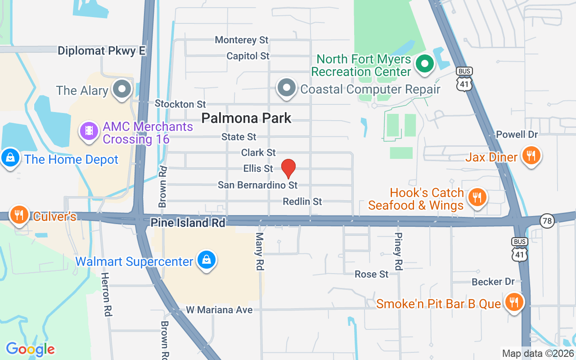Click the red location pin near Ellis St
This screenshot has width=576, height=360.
(x=288, y=169)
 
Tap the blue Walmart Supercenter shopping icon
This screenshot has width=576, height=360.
(x=206, y=260)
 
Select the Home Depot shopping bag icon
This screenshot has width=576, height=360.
(x=10, y=158)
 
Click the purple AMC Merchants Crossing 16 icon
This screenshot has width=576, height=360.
(x=89, y=131)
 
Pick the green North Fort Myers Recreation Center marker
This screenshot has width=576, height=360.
(x=424, y=64)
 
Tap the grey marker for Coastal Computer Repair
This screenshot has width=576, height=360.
(x=287, y=88)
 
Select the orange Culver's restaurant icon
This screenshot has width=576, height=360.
(x=18, y=215)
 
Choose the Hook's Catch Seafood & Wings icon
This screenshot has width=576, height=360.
(x=476, y=197)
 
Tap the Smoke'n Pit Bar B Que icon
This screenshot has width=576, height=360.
(x=513, y=302)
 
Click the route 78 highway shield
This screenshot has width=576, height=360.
(x=547, y=220)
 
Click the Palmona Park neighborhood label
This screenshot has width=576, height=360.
(x=246, y=118)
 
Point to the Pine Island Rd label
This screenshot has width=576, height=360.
(x=188, y=223)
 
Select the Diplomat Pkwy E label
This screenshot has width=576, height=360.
(x=102, y=51)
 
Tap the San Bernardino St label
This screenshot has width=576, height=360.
(x=258, y=185)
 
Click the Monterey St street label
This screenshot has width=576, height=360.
(x=242, y=40)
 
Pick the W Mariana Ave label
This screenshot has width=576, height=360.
(x=220, y=310)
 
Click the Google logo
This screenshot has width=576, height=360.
(x=30, y=349)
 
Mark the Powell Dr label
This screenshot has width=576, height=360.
(x=517, y=135)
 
